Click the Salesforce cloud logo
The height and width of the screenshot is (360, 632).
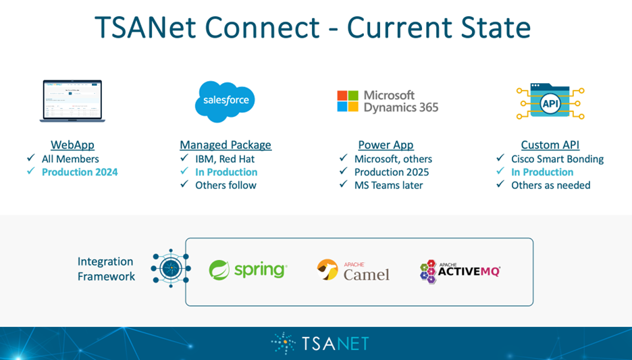point(225,101)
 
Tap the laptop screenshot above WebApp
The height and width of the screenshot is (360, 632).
point(72,101)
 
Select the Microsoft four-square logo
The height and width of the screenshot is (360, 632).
point(348,101)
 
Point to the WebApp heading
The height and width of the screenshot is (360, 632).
point(72,145)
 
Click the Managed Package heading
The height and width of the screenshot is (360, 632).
point(226,145)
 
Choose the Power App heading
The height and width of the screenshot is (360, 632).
point(386,145)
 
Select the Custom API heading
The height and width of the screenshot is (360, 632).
point(550,145)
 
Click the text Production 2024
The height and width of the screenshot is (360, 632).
point(80,172)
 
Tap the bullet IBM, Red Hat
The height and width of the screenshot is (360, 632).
point(225,159)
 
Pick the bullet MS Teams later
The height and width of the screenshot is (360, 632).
point(388,186)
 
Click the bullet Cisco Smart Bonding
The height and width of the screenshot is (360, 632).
point(558,159)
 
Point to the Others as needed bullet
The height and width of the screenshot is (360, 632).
point(550,186)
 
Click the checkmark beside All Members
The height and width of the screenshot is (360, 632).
point(30,157)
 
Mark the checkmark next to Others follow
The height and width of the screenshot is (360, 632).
point(184,184)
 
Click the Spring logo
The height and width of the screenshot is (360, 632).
point(248,269)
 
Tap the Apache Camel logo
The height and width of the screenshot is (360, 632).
point(353,270)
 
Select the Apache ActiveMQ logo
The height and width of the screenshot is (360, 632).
point(460,272)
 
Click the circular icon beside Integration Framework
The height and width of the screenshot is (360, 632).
point(171,268)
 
